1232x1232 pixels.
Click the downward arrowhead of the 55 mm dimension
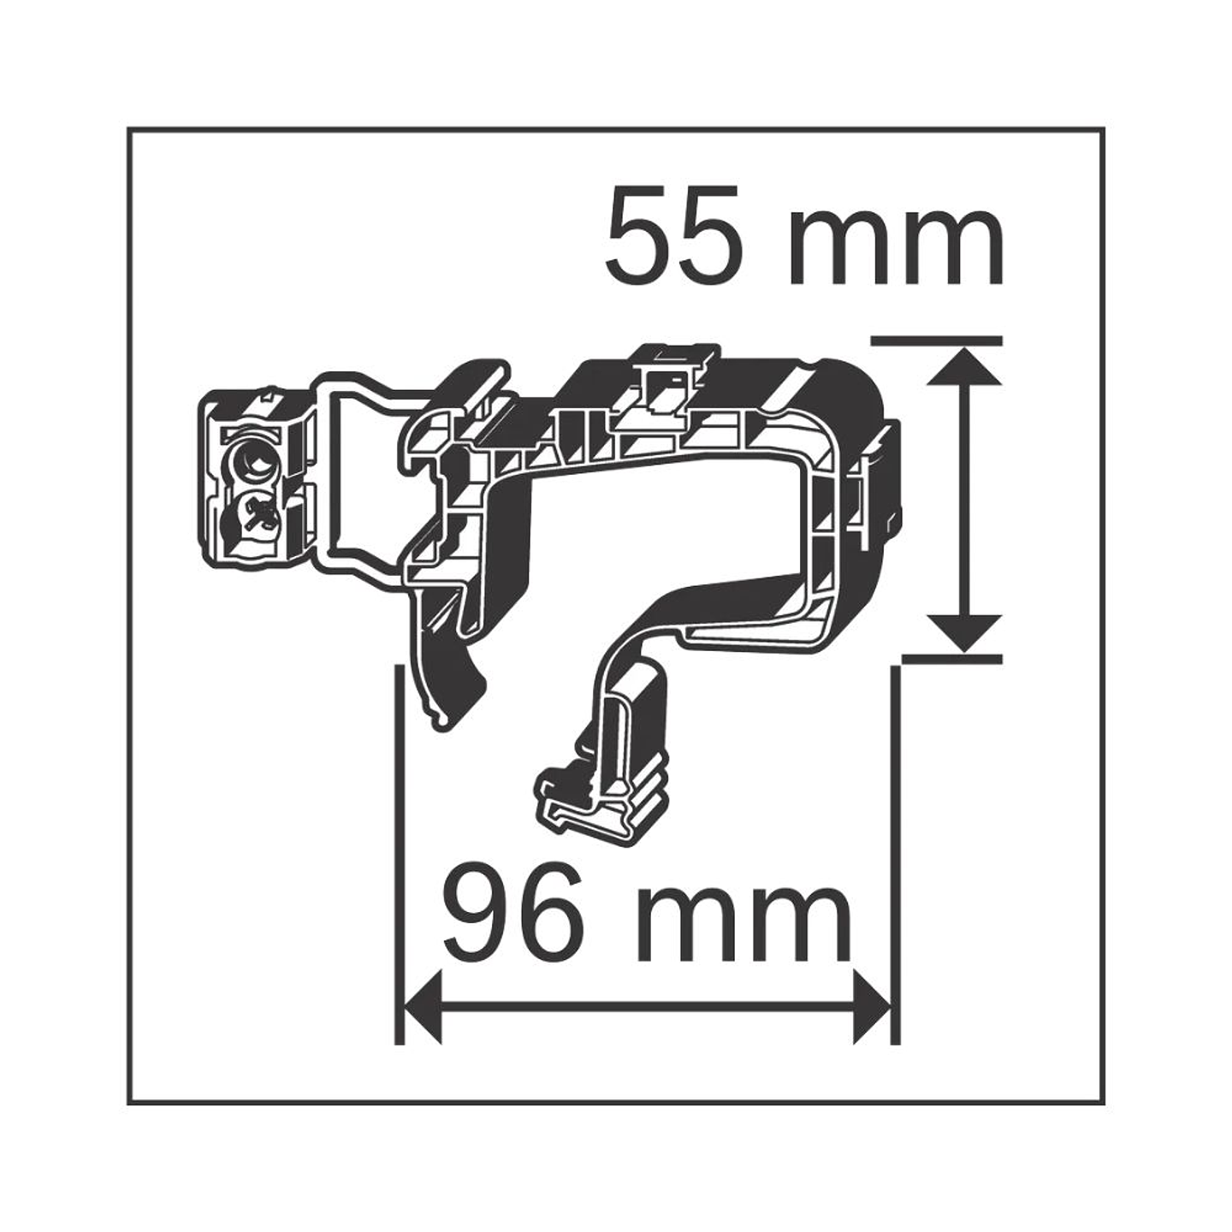click(963, 634)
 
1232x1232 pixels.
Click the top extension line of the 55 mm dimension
click(934, 340)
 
